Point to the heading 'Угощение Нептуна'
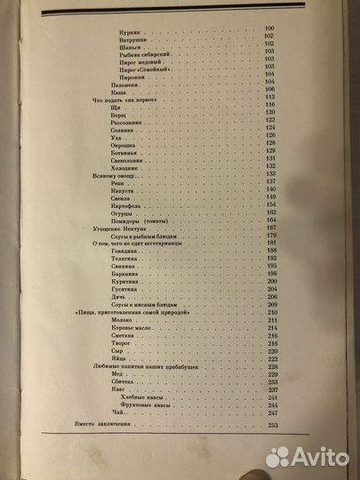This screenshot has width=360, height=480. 113,228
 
